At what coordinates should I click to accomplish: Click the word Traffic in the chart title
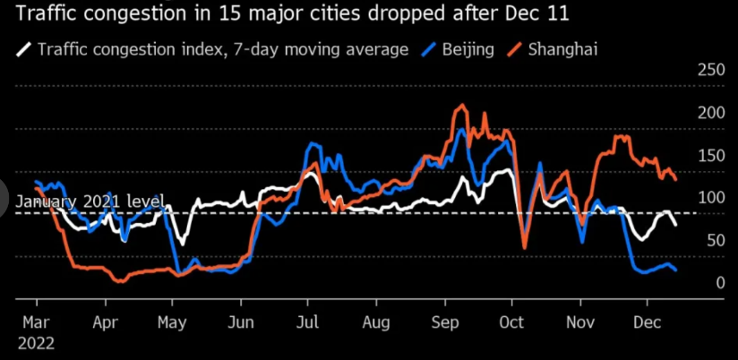point(46,13)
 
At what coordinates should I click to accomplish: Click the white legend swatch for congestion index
point(24,49)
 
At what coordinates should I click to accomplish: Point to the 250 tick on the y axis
point(711,71)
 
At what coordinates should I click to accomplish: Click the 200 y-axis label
point(711,113)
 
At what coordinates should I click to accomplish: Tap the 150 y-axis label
point(711,155)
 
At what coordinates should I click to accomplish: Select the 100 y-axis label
point(711,198)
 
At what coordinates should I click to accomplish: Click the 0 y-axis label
point(720,283)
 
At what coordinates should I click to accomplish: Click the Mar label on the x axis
point(38,322)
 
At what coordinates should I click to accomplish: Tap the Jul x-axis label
point(308,322)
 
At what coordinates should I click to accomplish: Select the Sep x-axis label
point(445,322)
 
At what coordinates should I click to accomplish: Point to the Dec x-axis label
point(648,322)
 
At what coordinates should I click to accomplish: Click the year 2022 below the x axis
point(36,343)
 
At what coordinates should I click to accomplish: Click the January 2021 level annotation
point(90,201)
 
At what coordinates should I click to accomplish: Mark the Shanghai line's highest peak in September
point(462,105)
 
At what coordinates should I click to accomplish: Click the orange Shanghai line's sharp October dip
point(524,248)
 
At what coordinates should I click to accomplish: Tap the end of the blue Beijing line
point(676,270)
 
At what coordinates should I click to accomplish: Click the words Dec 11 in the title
point(539,13)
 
